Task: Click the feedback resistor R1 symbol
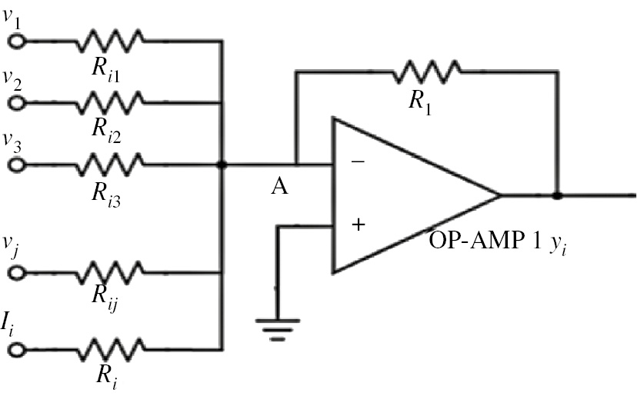tap(427, 72)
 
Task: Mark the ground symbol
tap(278, 327)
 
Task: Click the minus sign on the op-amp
tap(357, 162)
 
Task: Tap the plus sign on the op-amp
tap(357, 225)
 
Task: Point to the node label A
tap(279, 187)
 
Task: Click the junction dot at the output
tap(557, 195)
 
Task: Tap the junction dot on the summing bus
tap(222, 165)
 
